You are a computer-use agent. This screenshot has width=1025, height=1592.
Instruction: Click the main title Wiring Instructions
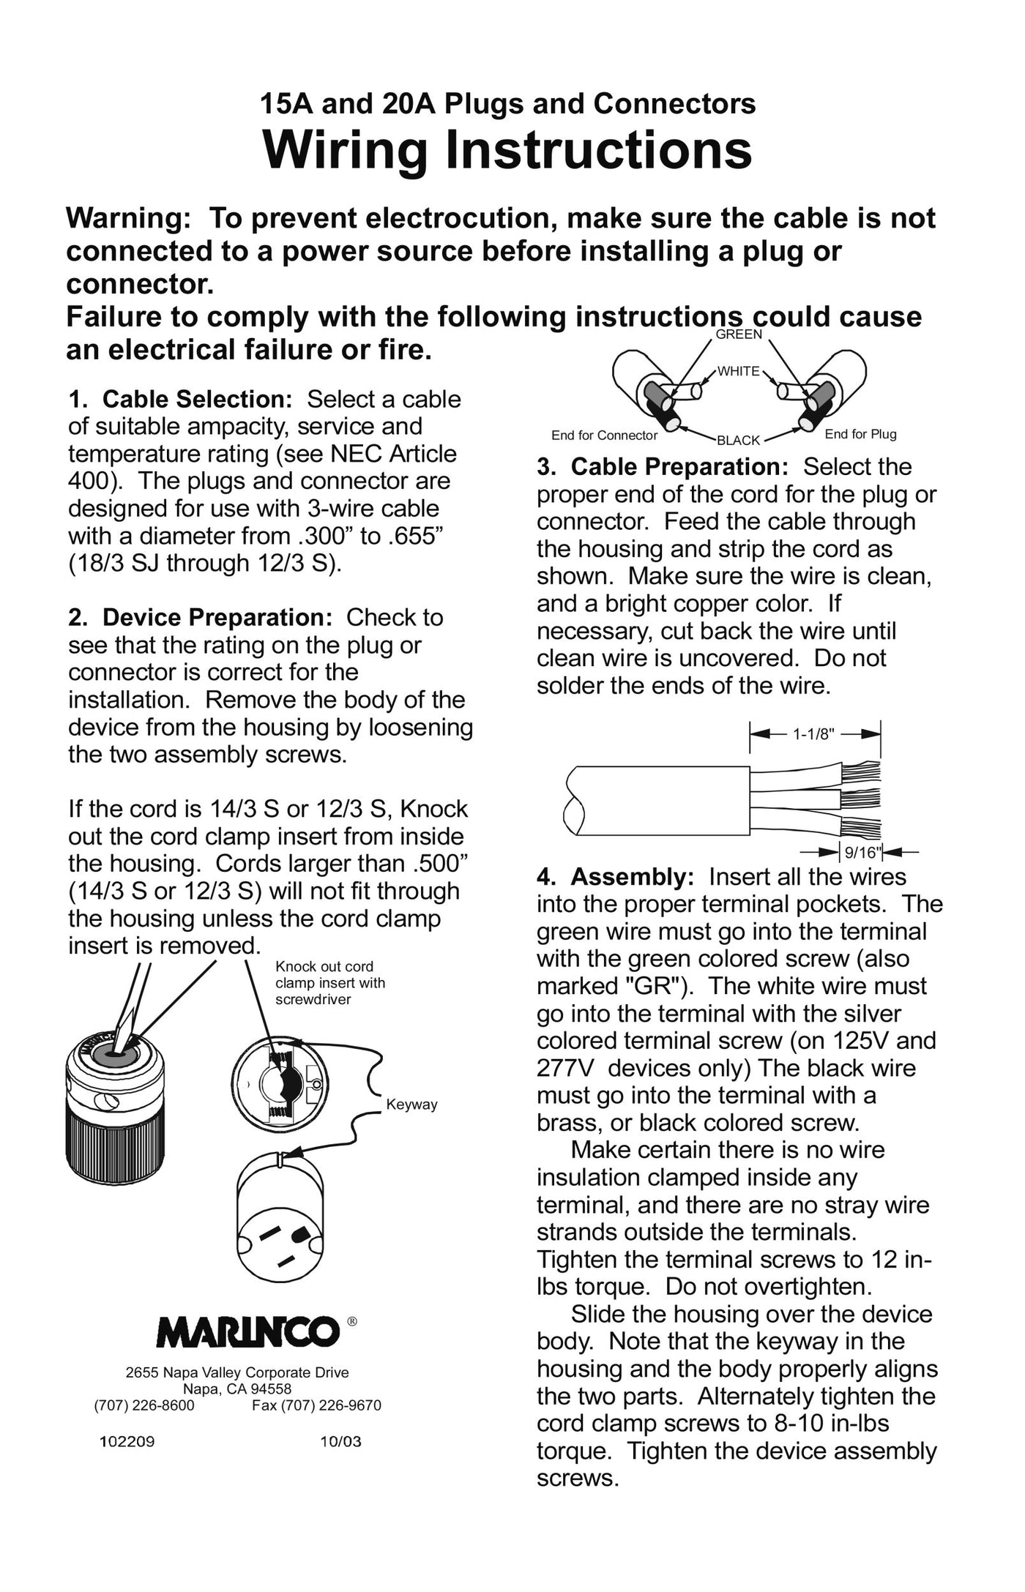pos(507,150)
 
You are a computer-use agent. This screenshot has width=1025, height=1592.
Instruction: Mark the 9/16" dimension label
pos(861,852)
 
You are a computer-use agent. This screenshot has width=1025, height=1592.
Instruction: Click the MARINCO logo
pos(249,1331)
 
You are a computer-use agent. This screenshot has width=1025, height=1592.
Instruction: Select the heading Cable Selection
pos(197,400)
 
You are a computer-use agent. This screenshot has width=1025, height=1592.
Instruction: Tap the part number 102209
pos(127,1442)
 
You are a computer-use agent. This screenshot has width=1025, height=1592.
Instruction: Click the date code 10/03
pos(340,1442)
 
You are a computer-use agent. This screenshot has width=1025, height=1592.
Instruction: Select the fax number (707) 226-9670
pos(316,1405)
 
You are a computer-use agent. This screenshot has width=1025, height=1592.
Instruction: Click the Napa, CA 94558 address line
pos(237,1389)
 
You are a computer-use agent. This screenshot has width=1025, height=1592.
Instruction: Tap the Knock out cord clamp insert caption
pos(329,982)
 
